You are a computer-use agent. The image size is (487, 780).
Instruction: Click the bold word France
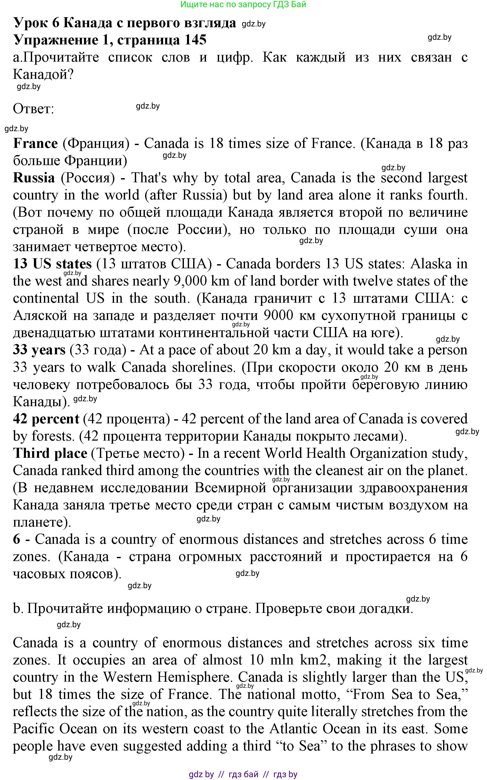35,143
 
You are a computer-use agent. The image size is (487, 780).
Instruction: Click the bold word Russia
34,178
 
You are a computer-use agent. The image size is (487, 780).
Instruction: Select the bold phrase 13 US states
52,264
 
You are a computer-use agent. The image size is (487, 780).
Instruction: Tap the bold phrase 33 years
39,350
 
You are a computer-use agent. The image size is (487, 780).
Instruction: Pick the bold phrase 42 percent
46,419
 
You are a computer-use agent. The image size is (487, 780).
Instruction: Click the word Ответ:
33,109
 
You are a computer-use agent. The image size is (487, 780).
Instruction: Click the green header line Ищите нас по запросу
243,5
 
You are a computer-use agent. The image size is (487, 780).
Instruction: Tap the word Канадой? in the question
43,75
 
